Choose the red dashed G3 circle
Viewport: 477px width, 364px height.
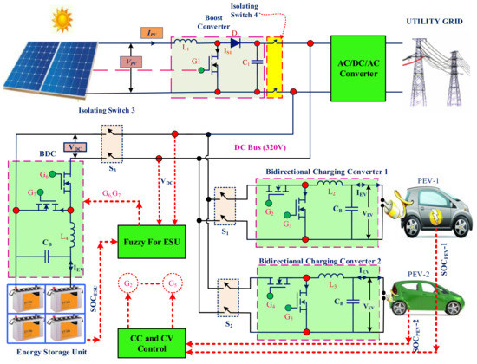[175, 285]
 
